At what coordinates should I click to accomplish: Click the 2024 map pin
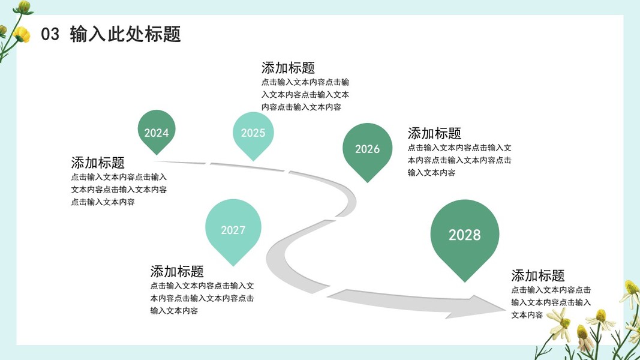coord(157,131)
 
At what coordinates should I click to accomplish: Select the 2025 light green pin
coord(253,133)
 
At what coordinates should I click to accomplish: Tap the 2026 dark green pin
coord(367,149)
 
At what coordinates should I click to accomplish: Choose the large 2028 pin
coord(465,235)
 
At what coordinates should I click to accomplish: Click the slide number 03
coord(50,35)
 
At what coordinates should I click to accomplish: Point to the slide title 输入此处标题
coord(125,34)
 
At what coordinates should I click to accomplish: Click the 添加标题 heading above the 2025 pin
coord(288,68)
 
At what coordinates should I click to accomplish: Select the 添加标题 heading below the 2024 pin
coord(98,163)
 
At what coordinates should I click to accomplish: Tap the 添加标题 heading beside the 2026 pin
coord(434,133)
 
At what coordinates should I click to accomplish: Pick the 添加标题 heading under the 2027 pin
coord(177,271)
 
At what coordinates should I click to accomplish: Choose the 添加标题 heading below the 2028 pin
coord(538,275)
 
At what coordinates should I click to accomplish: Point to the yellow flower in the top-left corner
coord(22,34)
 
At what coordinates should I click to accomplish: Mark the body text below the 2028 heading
coord(551,302)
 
